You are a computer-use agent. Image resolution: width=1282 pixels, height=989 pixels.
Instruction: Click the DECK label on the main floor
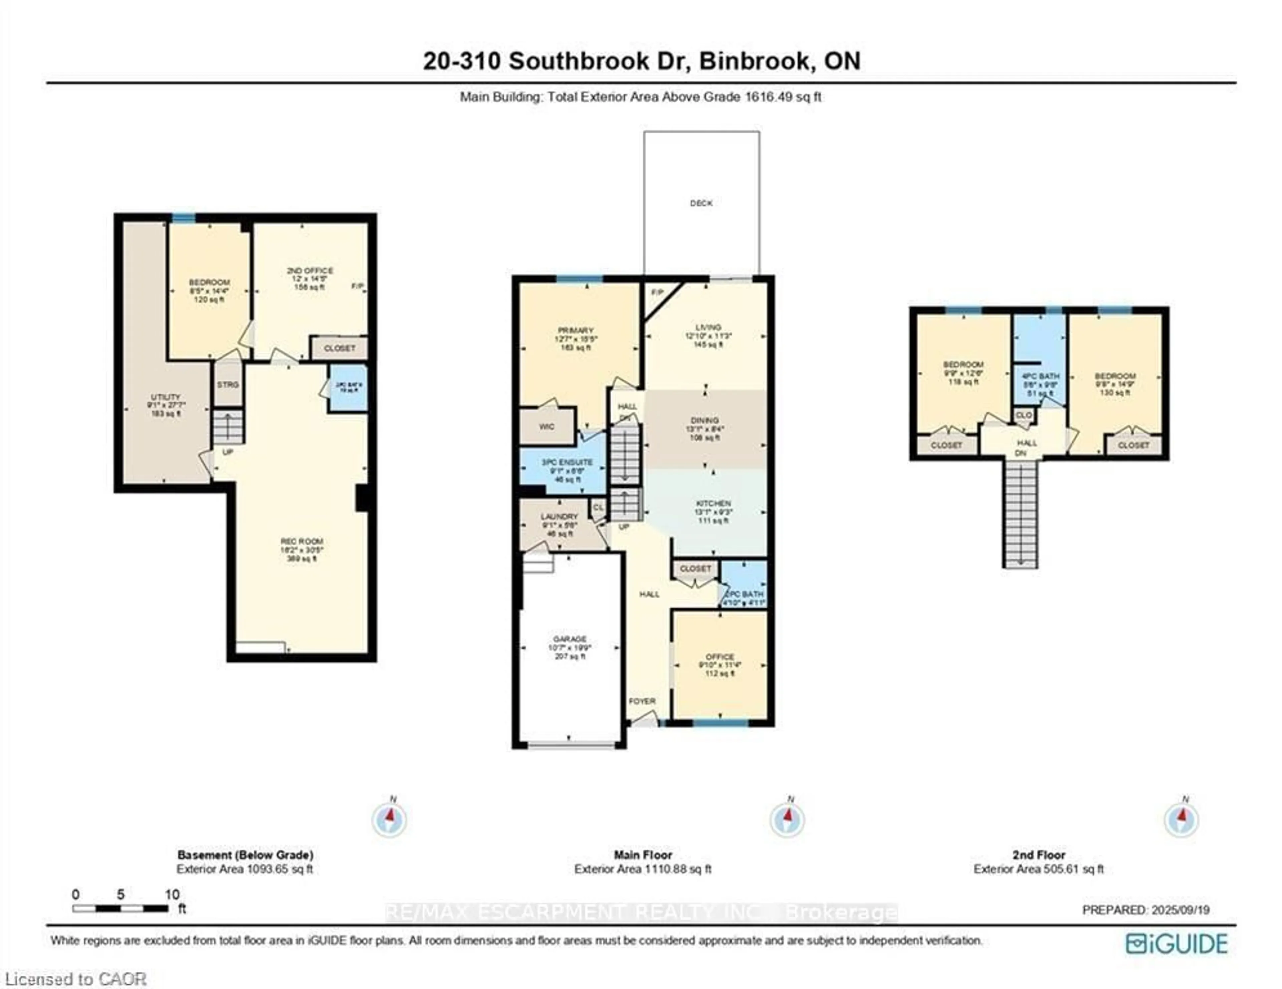click(x=701, y=203)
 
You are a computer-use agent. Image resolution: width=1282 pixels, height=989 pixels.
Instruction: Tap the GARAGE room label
click(x=569, y=639)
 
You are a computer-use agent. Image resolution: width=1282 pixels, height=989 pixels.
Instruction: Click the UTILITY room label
click(x=166, y=397)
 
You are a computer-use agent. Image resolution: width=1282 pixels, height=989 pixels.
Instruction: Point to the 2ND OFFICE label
click(x=309, y=270)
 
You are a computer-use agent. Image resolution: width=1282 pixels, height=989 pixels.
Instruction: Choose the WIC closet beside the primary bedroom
click(x=547, y=426)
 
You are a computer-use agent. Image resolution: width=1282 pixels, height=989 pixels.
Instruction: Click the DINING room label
click(x=704, y=420)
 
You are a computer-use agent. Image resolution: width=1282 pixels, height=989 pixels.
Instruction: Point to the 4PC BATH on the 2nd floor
click(x=1040, y=376)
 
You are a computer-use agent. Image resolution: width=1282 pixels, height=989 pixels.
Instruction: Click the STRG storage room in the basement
click(x=228, y=385)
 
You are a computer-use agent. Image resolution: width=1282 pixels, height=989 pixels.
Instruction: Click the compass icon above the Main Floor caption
click(x=787, y=819)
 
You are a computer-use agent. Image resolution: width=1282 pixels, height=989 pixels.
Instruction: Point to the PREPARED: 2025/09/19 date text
click(x=1145, y=910)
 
